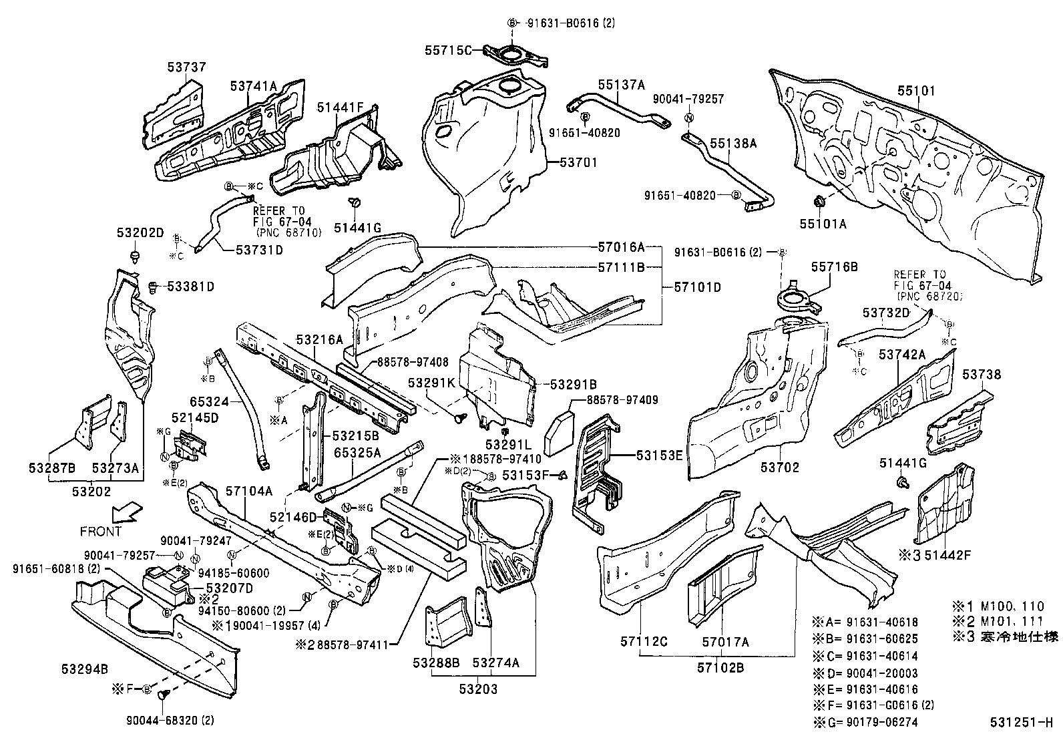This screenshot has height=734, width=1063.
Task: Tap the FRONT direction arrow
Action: coord(126,513)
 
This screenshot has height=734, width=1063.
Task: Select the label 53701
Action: coord(578,162)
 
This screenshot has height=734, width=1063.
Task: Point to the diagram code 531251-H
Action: coord(1021,723)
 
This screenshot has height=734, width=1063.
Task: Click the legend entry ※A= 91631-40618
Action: coord(866,620)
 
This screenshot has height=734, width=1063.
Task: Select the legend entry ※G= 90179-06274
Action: coord(866,722)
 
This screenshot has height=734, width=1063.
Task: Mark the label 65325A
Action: coord(357,452)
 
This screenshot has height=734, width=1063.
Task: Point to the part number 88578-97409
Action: coord(622,400)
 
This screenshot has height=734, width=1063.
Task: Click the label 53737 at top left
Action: coord(186,67)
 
